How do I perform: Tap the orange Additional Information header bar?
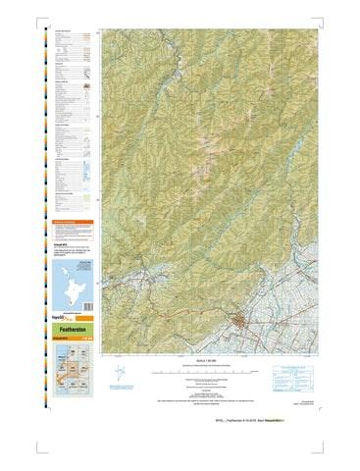pos(75,222)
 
